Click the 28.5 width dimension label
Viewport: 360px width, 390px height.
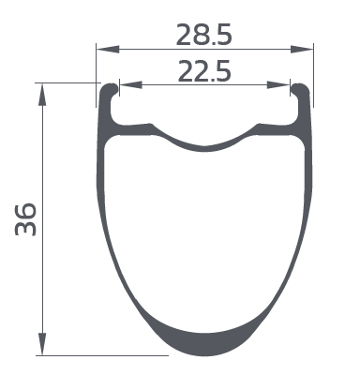203,35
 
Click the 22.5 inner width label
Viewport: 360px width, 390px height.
204,71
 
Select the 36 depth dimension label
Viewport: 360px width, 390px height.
26,219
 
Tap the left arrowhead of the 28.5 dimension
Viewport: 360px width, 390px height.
108,49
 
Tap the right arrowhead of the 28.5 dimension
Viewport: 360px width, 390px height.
302,49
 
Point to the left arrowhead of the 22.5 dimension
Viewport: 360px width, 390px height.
131,84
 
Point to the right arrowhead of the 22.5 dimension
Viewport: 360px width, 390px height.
278,84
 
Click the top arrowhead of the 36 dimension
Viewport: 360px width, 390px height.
42,95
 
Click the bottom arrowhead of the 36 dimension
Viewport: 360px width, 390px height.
42,344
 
